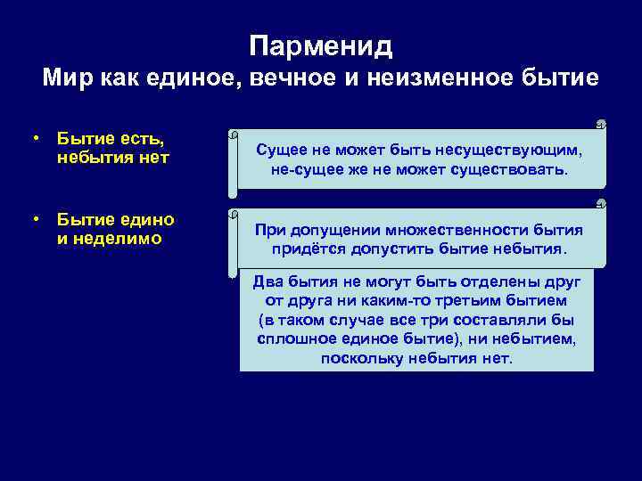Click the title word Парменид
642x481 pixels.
pos(321,45)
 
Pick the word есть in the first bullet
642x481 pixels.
pos(142,140)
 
